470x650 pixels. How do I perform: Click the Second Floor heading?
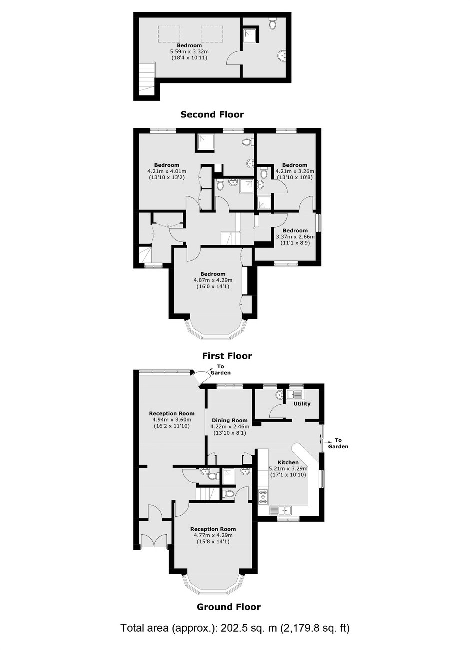[212, 114]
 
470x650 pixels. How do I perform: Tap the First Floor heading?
[227, 356]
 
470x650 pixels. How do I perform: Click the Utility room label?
[302, 404]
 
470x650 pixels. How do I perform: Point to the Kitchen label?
[288, 462]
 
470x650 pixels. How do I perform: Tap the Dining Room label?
[230, 420]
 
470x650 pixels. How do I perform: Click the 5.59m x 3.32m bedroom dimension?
[189, 52]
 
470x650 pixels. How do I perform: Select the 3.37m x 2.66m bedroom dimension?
[295, 237]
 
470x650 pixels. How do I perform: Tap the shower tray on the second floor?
[250, 35]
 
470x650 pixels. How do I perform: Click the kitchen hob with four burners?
[264, 497]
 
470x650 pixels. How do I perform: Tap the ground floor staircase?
[207, 493]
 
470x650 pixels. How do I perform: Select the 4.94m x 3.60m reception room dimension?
[172, 419]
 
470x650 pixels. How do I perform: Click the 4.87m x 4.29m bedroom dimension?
[213, 280]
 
